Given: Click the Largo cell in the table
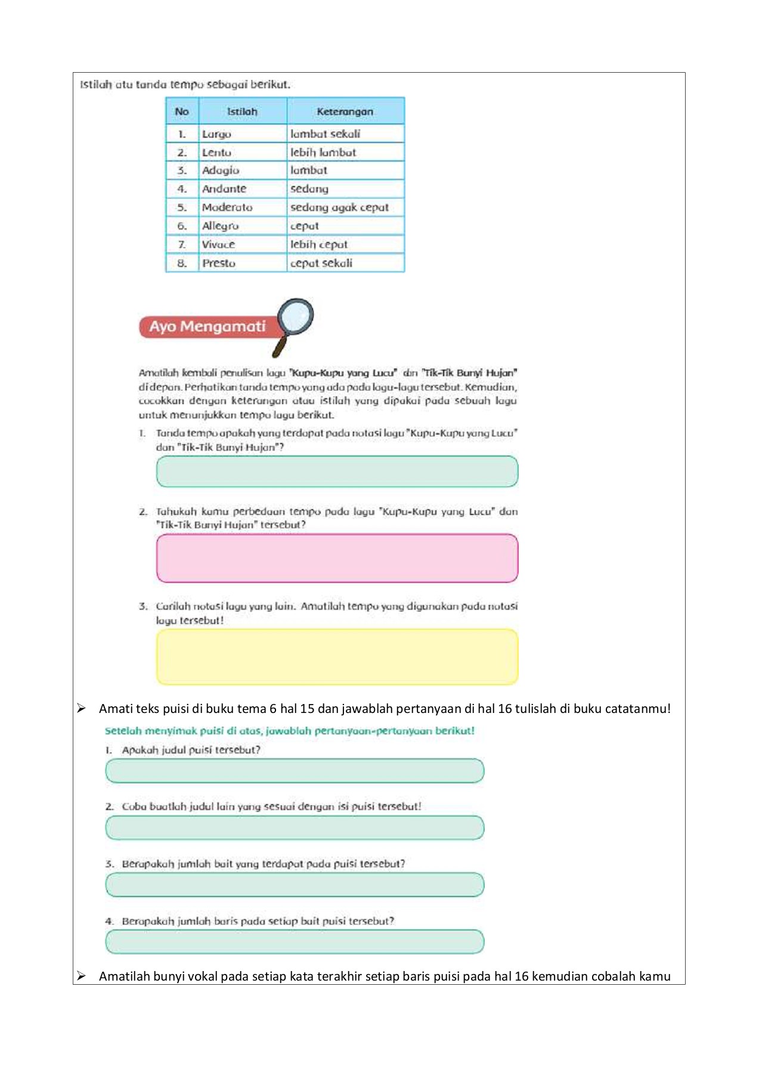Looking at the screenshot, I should (242, 134).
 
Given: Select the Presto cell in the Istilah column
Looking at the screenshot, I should (242, 263).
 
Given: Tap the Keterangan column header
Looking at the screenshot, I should (345, 111).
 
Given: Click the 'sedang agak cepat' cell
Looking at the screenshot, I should (345, 207).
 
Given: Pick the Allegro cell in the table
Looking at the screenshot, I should (242, 226).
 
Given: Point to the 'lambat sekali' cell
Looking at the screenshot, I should (345, 134).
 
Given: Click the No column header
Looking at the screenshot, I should (182, 111).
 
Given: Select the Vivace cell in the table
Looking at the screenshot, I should (242, 244).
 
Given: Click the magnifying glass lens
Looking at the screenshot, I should (296, 317).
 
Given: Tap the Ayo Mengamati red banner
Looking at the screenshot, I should (206, 327).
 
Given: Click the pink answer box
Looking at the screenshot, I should (337, 558).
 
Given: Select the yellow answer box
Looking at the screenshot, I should (337, 656).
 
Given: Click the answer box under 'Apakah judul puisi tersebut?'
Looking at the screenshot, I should (295, 771).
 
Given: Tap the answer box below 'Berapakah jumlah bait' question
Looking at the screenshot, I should (295, 885).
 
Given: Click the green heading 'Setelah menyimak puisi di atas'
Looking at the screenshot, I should (289, 731).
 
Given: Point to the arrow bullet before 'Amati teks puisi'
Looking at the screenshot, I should (82, 708).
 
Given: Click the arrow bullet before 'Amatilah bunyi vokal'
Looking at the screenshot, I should (82, 976).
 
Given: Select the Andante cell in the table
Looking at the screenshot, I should (242, 189).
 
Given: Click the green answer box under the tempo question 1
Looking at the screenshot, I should (337, 472).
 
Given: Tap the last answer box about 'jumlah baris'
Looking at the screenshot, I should (295, 941).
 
